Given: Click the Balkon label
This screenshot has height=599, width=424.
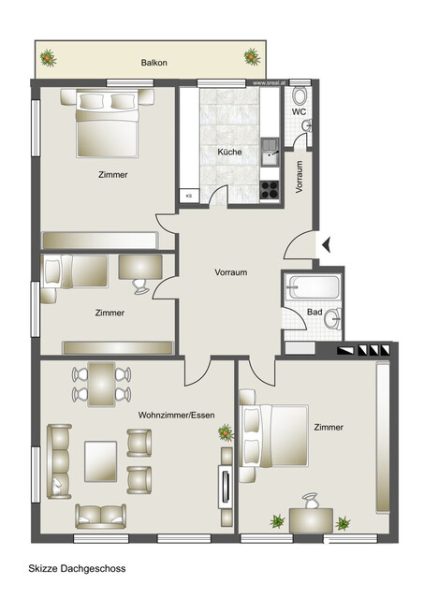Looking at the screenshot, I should [x=154, y=63].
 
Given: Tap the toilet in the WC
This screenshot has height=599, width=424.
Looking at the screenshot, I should [x=300, y=96].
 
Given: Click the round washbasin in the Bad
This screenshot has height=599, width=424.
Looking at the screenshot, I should [x=331, y=320].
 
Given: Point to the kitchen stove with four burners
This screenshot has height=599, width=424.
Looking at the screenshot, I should [x=270, y=189].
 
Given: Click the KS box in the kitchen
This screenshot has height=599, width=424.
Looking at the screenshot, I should [x=188, y=196].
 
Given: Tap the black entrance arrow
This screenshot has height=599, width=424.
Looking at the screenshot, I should [x=327, y=246].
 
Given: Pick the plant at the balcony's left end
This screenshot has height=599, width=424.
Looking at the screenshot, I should [x=47, y=61].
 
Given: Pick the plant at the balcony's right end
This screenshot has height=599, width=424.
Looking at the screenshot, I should [x=252, y=58].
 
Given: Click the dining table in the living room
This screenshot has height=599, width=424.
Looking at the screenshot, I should [x=100, y=384].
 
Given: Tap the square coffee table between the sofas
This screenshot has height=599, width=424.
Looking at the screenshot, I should [x=101, y=459].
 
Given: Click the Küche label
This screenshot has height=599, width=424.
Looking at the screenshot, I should [x=229, y=152].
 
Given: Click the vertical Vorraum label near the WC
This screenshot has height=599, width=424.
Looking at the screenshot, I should [x=300, y=176].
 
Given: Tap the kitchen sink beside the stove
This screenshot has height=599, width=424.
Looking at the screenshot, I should [x=270, y=150].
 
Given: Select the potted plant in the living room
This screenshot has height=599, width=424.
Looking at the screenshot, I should [x=226, y=431].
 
